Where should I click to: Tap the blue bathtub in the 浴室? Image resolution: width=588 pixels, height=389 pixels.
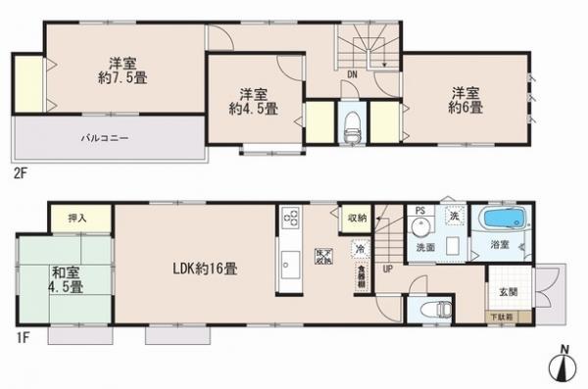[503, 218]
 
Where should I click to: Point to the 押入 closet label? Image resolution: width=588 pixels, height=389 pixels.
[73, 219]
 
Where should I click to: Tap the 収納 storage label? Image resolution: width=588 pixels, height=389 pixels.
[356, 219]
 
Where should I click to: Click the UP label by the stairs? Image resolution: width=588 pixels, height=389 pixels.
[388, 270]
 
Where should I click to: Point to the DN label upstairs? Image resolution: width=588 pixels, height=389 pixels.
[352, 71]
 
